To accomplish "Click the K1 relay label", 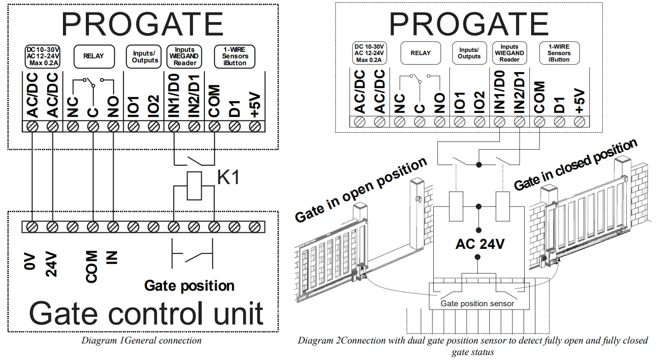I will click(x=228, y=177).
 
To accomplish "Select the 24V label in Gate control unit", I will click(x=52, y=264).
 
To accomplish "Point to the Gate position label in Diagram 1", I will click(x=189, y=286).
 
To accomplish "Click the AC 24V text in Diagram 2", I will click(x=480, y=243).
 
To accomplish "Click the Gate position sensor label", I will click(x=477, y=304).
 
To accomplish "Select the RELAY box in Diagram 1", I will click(x=93, y=56).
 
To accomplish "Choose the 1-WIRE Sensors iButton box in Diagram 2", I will click(x=559, y=53).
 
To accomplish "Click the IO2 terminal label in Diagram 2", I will click(x=479, y=101).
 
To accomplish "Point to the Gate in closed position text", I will click(x=575, y=164).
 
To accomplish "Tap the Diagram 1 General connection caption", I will click(x=141, y=341).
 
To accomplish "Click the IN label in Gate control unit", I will click(x=112, y=258).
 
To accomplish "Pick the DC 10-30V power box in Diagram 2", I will click(x=369, y=53).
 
